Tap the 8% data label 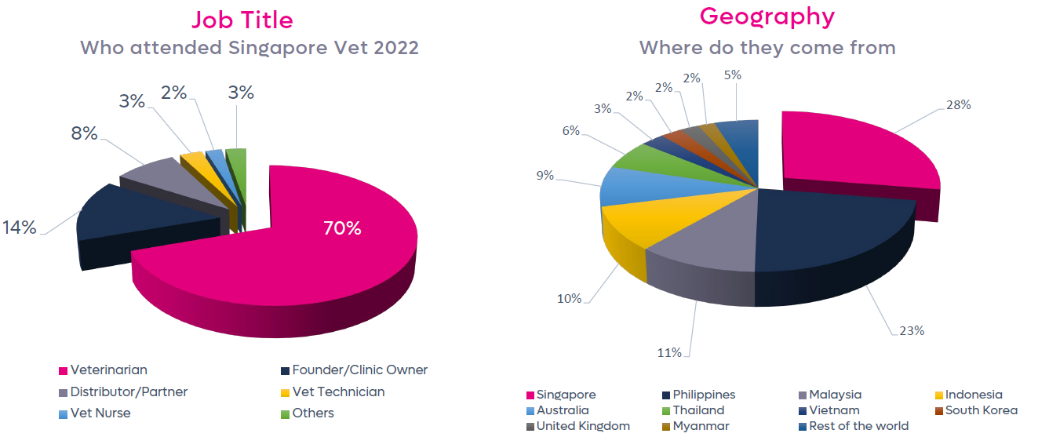84,133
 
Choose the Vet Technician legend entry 338,391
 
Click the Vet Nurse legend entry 100,413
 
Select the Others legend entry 313,413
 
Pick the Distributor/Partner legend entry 129,391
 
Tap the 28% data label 958,104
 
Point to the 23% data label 911,330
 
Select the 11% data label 668,352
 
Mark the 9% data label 544,176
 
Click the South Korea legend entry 981,410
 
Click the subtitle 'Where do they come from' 767,47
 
